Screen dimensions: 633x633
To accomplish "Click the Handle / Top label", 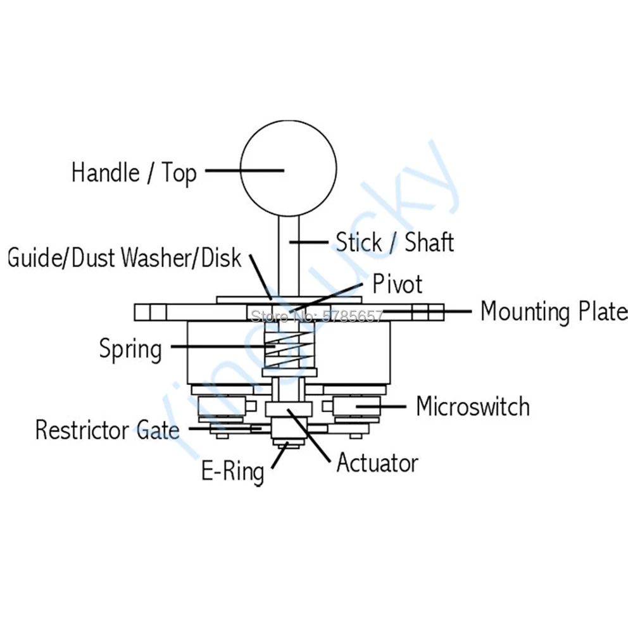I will pos(134,172).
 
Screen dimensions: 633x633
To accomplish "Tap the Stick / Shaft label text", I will pos(394,242).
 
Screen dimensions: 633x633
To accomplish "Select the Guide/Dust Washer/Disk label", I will pos(125,258).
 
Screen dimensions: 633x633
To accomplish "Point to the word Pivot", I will pos(397,284).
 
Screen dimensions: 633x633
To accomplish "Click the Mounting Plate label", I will pos(554,311).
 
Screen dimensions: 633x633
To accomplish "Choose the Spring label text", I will pos(130,349).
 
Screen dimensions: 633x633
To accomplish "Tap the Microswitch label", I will pos(473,406).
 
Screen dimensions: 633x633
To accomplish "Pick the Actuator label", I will pos(377,463).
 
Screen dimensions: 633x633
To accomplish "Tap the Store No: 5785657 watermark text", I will pos(317,315).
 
